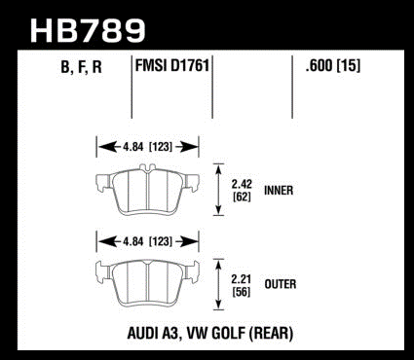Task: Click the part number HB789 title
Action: [88, 30]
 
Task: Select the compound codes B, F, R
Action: [81, 67]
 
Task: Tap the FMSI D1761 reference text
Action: [171, 66]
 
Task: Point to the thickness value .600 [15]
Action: [333, 66]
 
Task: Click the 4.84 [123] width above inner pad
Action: [147, 147]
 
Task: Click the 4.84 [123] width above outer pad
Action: [147, 241]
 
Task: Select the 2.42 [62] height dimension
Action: [242, 191]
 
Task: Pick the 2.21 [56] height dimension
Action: [241, 285]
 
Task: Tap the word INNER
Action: [279, 191]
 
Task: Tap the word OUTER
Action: [281, 284]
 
